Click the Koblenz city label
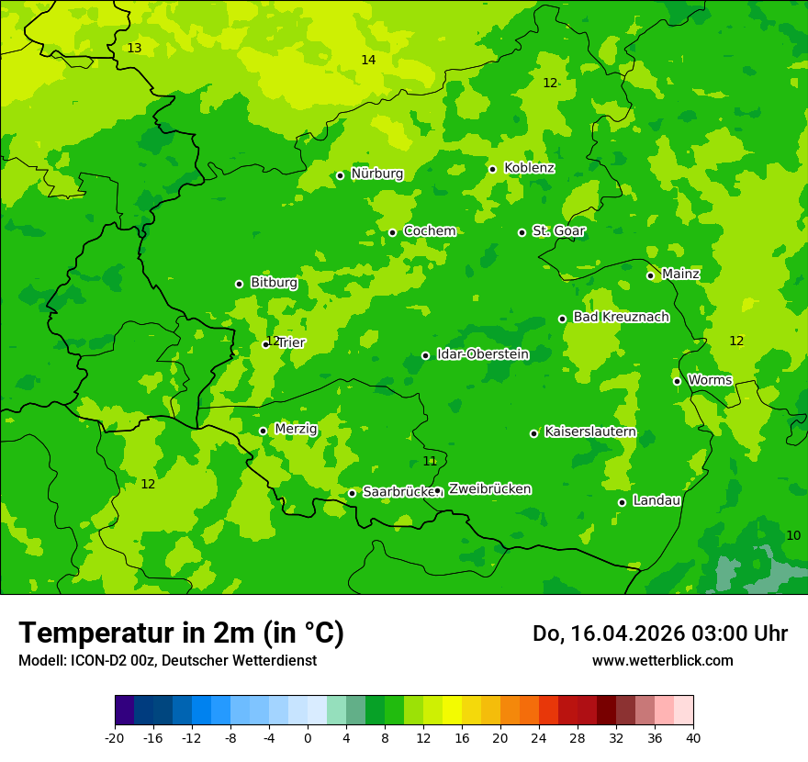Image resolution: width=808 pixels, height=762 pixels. pyautogui.click(x=529, y=168)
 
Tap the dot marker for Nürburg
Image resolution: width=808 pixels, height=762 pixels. pyautogui.click(x=340, y=175)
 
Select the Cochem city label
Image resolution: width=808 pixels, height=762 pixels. pyautogui.click(x=429, y=231)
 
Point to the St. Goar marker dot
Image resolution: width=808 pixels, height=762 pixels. pyautogui.click(x=522, y=232)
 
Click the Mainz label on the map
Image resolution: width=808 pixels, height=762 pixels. pyautogui.click(x=680, y=275)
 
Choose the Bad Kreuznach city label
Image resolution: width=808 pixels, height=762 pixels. pyautogui.click(x=621, y=317)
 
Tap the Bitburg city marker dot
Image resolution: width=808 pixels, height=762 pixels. pyautogui.click(x=239, y=284)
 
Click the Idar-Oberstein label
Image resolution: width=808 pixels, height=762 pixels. pyautogui.click(x=482, y=354)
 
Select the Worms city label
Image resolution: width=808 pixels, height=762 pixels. pyautogui.click(x=709, y=380)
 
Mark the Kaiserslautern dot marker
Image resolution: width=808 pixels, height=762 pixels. pyautogui.click(x=533, y=433)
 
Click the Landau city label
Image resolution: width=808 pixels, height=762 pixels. pyautogui.click(x=656, y=500)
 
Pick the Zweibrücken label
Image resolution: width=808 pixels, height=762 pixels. pyautogui.click(x=489, y=489)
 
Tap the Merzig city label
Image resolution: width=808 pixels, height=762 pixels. pyautogui.click(x=296, y=429)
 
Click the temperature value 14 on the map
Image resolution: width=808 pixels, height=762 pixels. pyautogui.click(x=368, y=60)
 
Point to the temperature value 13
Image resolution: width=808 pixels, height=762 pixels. pyautogui.click(x=134, y=48)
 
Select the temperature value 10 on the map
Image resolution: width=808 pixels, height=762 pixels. pyautogui.click(x=793, y=535)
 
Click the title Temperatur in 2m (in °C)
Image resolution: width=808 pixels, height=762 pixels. pyautogui.click(x=181, y=633)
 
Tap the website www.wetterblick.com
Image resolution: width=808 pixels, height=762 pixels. pyautogui.click(x=662, y=660)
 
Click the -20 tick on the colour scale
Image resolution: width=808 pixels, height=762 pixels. pyautogui.click(x=115, y=738)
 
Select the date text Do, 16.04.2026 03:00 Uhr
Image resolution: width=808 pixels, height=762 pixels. pyautogui.click(x=659, y=633)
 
